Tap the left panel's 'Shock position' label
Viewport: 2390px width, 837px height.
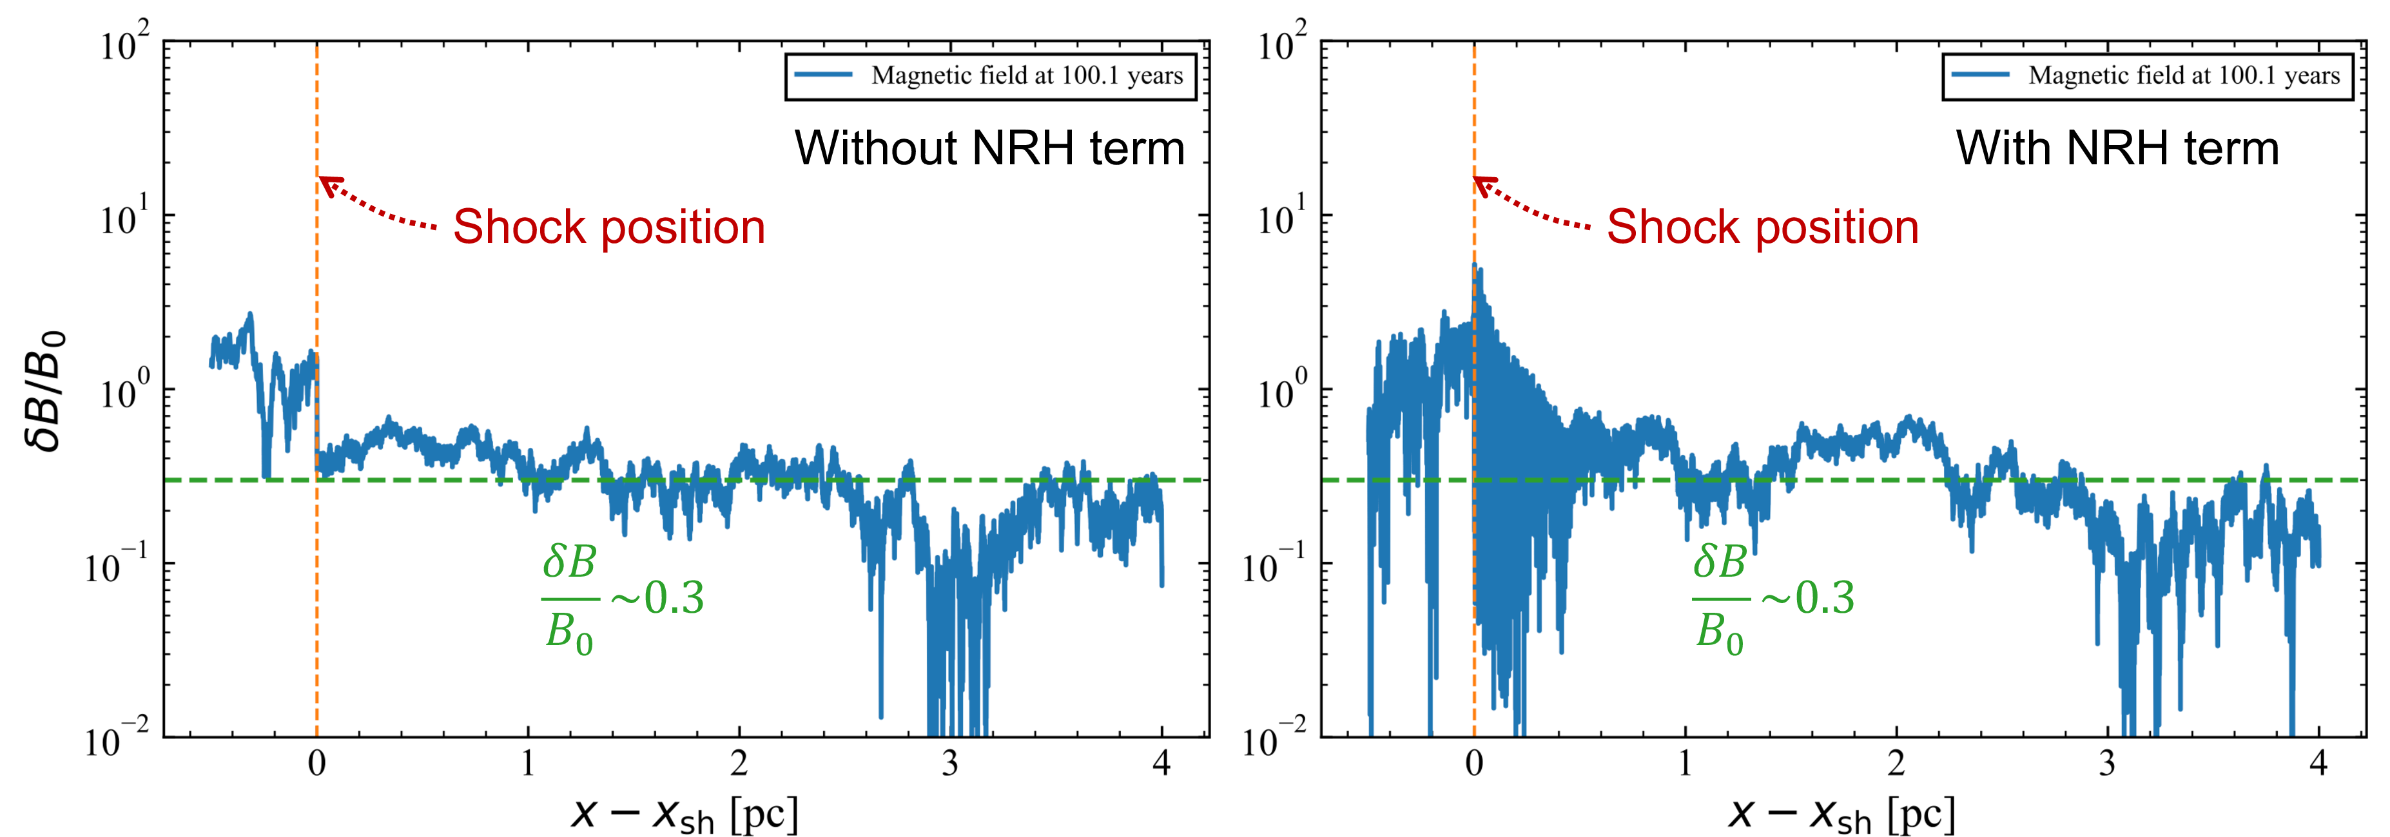(x=608, y=227)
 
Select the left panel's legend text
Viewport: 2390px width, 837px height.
(x=1027, y=76)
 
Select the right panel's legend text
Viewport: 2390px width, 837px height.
(x=2184, y=76)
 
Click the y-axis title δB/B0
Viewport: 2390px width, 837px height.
(x=44, y=390)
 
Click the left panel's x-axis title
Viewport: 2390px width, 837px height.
(x=685, y=814)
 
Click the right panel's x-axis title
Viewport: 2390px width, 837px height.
(x=1841, y=814)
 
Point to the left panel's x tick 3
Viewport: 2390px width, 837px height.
(x=950, y=764)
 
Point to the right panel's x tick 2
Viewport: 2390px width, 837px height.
(x=1896, y=764)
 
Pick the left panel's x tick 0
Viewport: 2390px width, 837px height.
(x=317, y=764)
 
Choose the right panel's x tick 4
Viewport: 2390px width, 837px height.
(x=2318, y=764)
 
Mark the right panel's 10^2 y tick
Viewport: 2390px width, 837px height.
(x=1281, y=44)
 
